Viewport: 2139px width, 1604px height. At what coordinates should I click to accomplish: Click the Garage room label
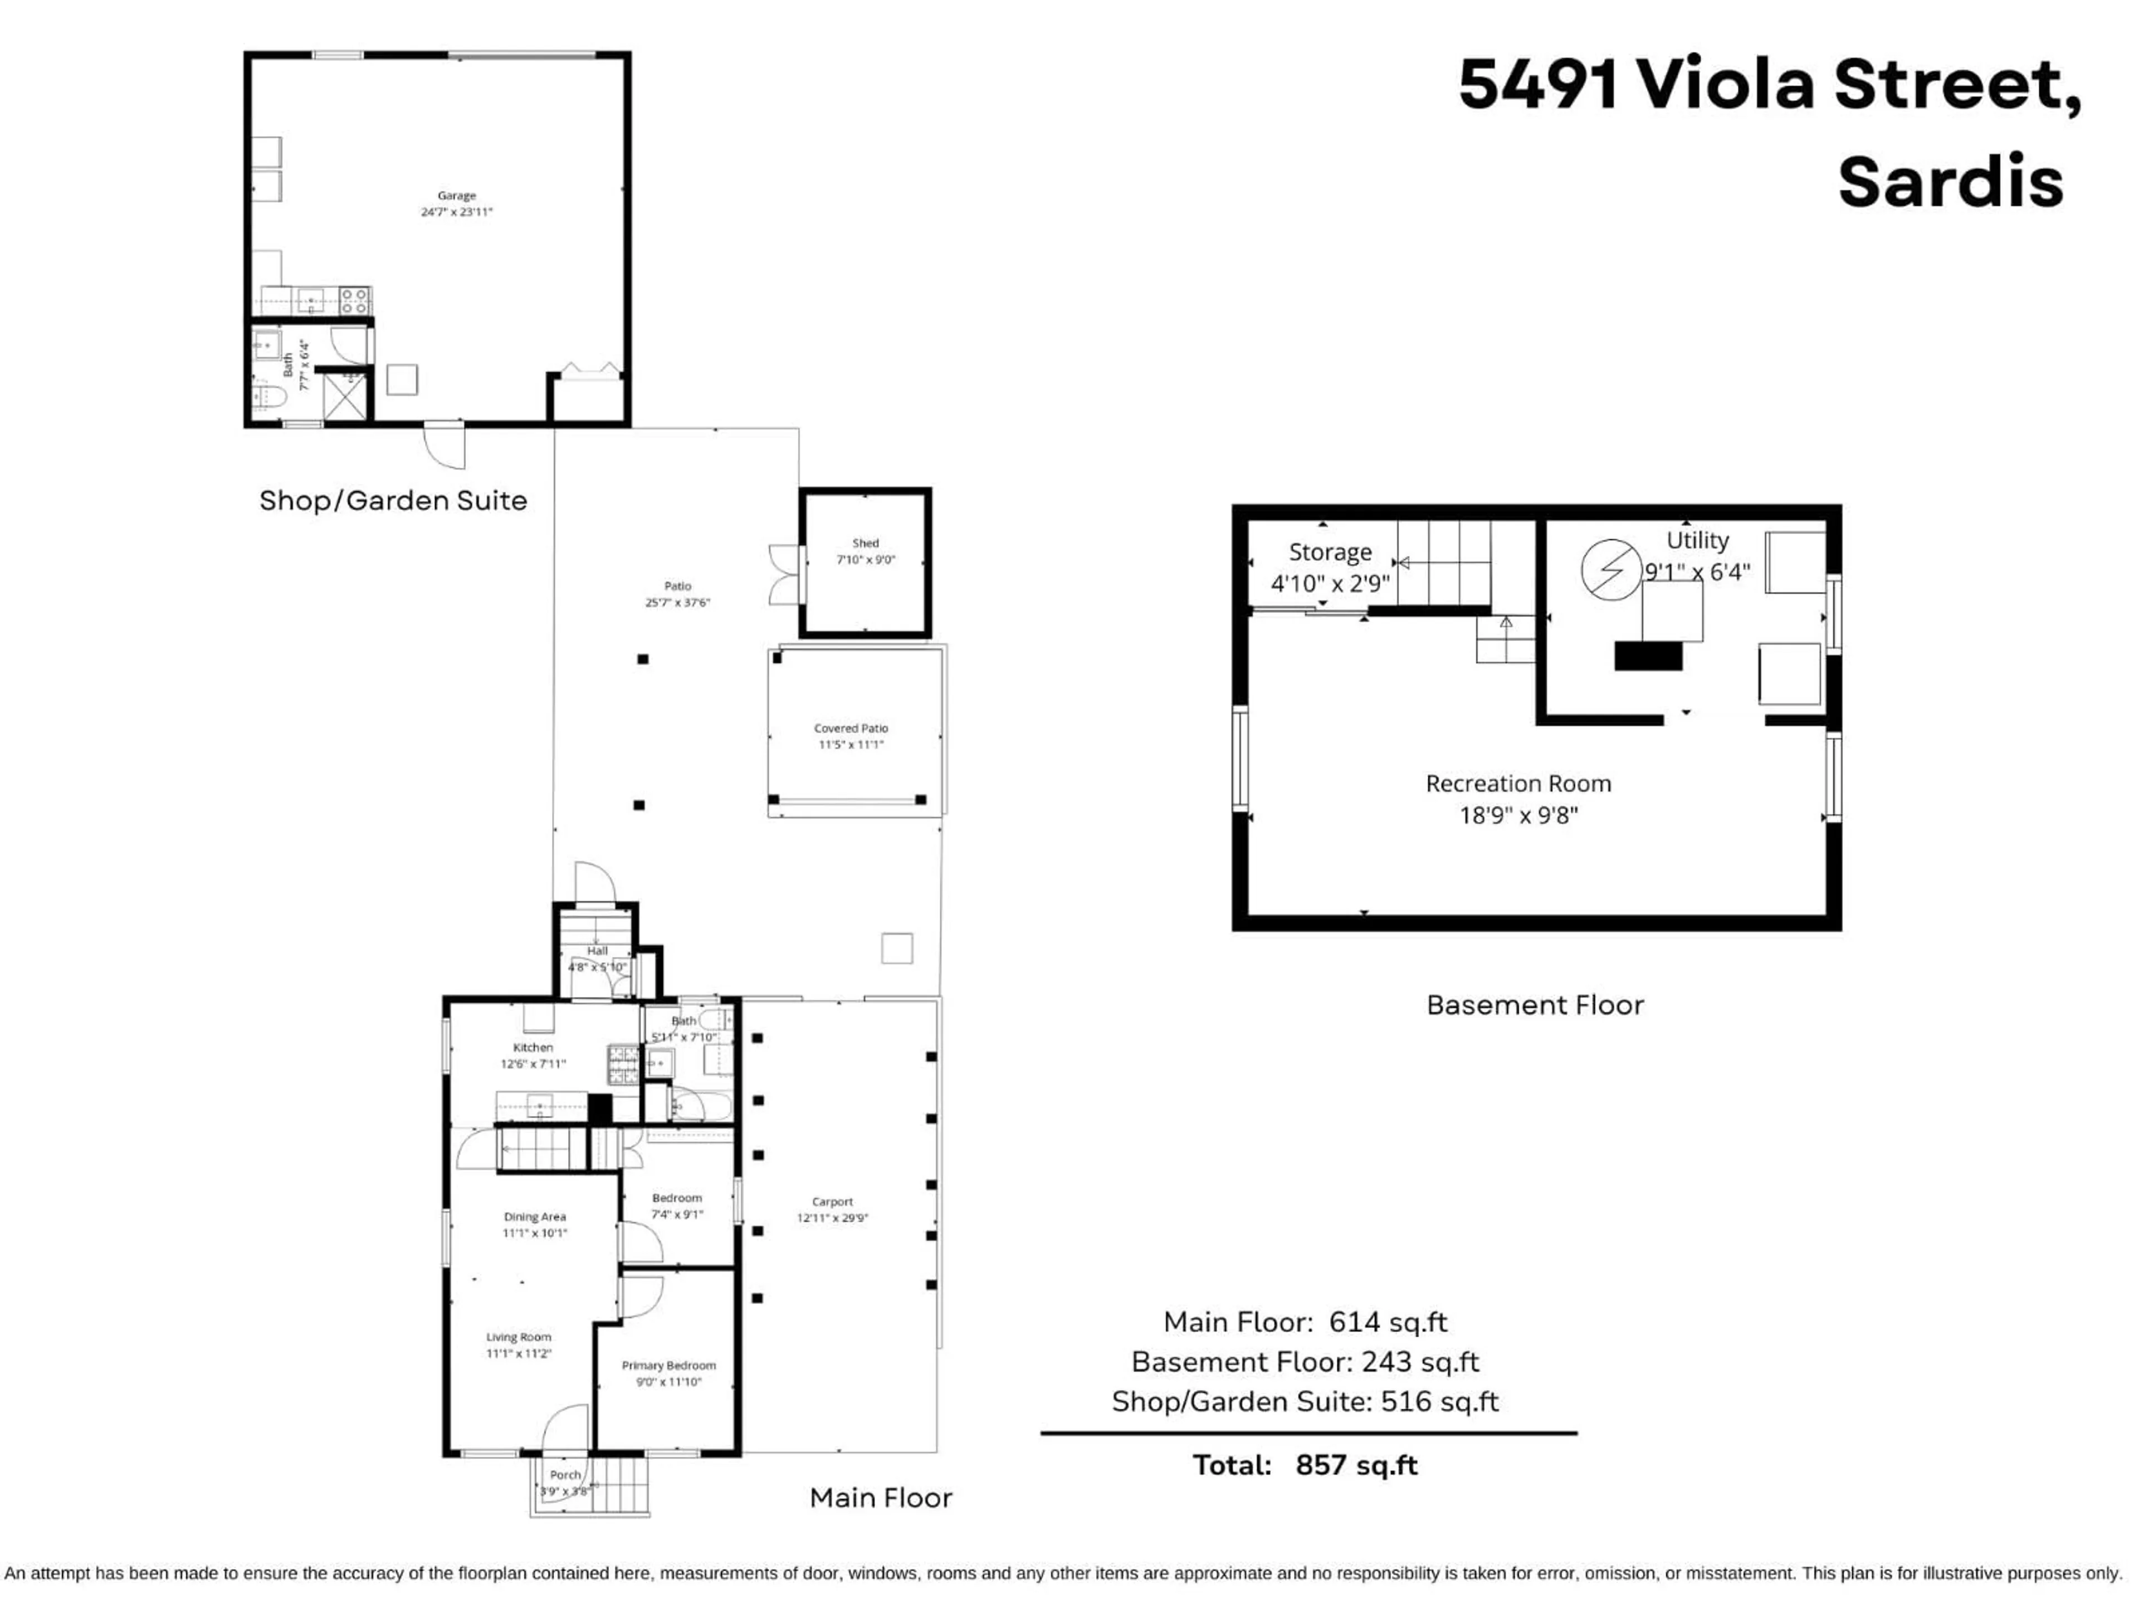[456, 195]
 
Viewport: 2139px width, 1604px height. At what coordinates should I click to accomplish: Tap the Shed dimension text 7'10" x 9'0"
[866, 560]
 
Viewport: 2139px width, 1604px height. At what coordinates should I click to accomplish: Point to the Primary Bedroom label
[668, 1365]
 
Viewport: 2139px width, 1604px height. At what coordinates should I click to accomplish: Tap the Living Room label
[518, 1337]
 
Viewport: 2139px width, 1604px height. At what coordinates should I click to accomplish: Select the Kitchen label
[533, 1047]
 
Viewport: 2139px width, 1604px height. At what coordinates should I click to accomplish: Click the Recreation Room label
[1517, 783]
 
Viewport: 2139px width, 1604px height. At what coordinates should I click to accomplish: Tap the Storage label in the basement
[1330, 552]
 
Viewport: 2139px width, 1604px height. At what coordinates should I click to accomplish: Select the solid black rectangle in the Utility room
[1648, 657]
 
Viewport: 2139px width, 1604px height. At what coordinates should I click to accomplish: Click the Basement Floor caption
[1535, 1005]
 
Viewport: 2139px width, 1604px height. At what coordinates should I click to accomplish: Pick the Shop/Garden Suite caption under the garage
[393, 501]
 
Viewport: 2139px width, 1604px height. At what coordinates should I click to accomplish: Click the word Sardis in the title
[1950, 182]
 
